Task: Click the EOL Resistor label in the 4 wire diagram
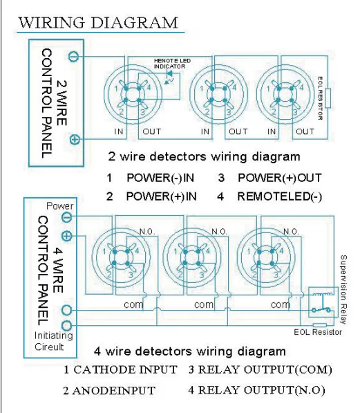tap(318, 333)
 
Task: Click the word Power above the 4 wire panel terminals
tap(59, 206)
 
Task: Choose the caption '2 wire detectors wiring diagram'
tap(204, 156)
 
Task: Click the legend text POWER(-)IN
tap(161, 177)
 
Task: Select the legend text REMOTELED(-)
tap(279, 196)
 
